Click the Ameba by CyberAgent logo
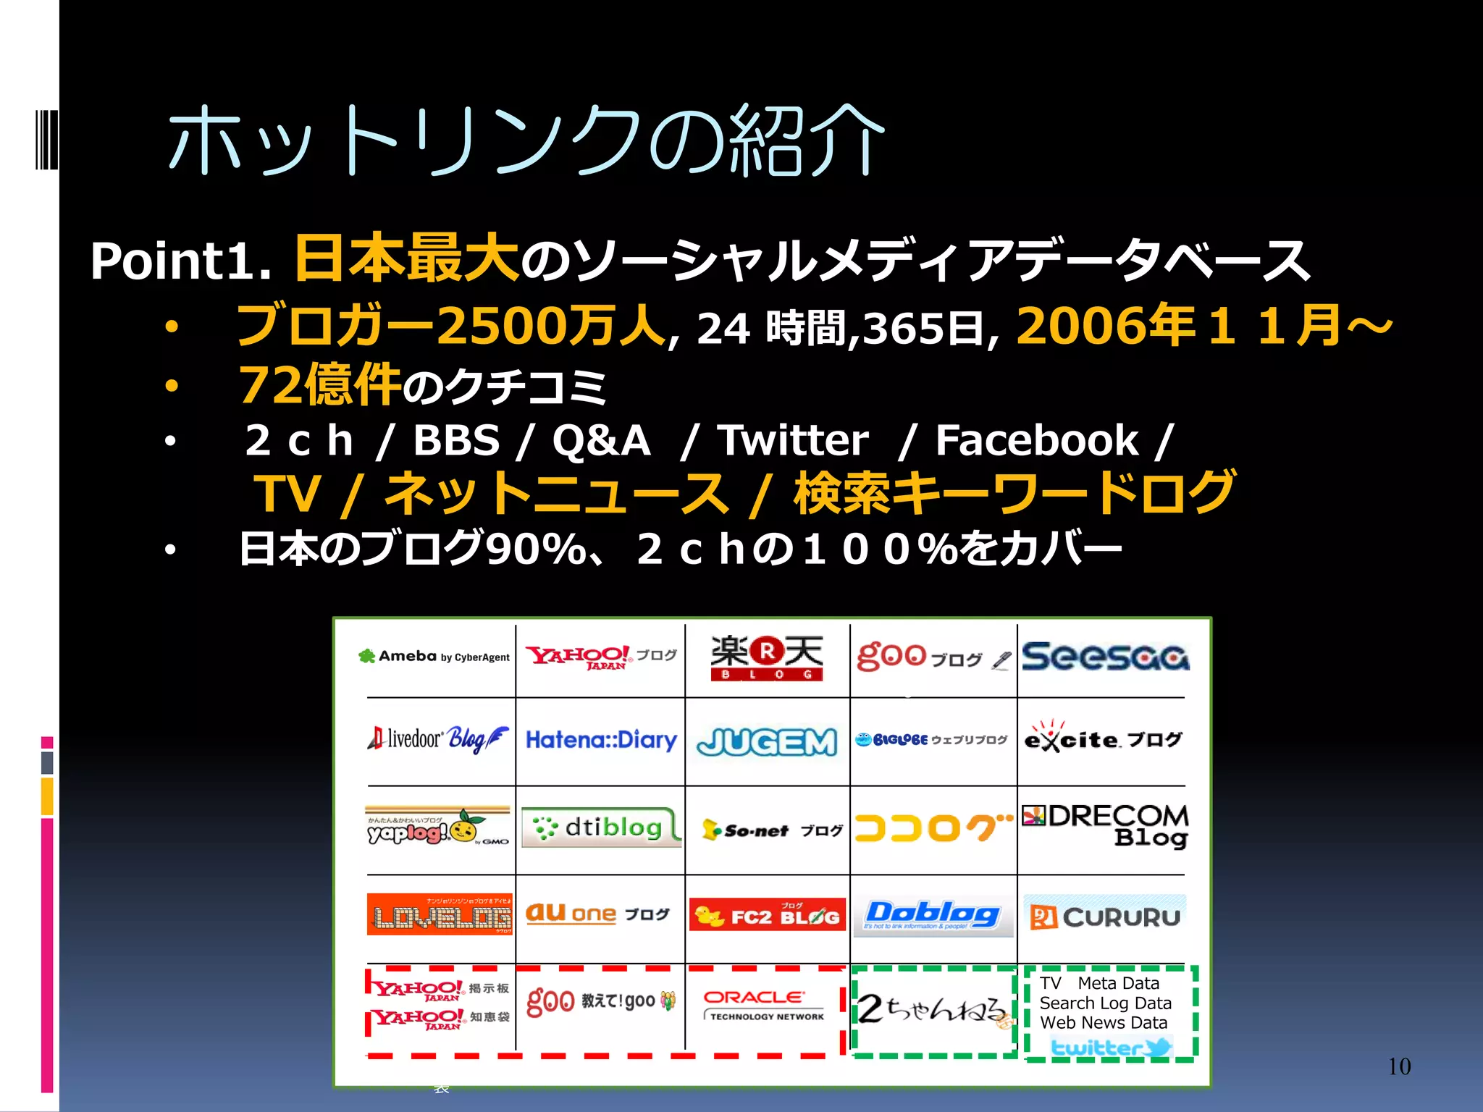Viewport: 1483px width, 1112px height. point(434,657)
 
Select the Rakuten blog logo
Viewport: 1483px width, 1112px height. point(767,657)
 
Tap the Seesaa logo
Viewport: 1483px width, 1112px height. point(1105,657)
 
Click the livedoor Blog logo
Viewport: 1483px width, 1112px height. point(438,738)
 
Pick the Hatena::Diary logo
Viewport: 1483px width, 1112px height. point(601,740)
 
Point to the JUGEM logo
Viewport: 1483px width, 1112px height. point(767,742)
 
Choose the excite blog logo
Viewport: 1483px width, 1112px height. point(1103,738)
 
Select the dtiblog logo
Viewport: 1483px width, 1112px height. point(600,827)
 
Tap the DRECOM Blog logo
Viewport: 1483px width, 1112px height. point(1105,825)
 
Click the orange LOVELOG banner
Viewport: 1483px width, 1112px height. point(440,914)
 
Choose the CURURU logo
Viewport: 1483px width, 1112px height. point(1105,917)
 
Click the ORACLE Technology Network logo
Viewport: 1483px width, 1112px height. point(764,1005)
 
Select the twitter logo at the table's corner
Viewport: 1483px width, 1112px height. point(1110,1047)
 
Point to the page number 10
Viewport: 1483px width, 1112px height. point(1399,1066)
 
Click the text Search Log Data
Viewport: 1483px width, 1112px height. point(1105,1003)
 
